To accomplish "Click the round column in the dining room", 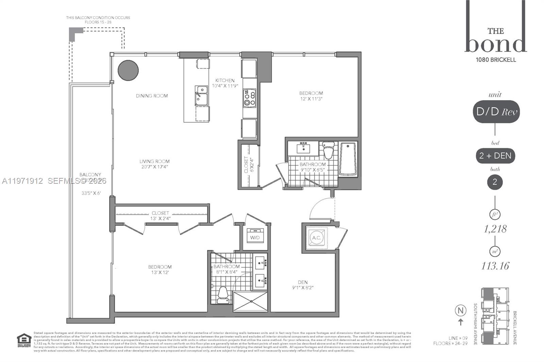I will tap(128, 70).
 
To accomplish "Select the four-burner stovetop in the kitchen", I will tap(250, 98).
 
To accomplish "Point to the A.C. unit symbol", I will tap(317, 237).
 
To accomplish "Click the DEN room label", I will tap(303, 282).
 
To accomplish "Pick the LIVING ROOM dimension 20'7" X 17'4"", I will tap(154, 167).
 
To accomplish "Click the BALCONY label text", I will tap(90, 175).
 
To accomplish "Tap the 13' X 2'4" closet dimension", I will tap(160, 218).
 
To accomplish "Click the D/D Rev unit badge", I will tap(496, 112).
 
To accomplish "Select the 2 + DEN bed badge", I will tap(495, 156).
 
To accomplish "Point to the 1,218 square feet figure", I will tap(495, 229).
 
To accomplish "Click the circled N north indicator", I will tap(460, 310).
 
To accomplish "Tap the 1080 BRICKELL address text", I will tap(496, 60).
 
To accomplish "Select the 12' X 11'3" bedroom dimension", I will tap(311, 99).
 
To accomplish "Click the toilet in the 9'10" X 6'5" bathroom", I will tap(328, 151).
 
